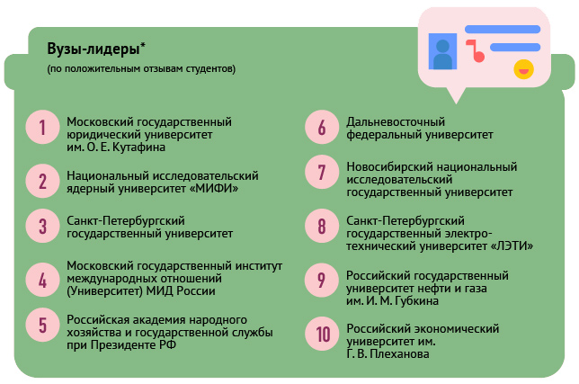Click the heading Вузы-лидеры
pos(96,49)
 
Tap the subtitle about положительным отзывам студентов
pos(141,69)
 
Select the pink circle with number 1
pos(42,127)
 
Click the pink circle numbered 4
pos(42,280)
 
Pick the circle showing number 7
pos(322,172)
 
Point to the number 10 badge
pos(322,334)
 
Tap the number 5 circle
pos(42,325)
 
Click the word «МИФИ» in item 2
pos(217,188)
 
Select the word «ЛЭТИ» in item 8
pos(512,246)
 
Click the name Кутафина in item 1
pos(138,147)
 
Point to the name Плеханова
pos(399,354)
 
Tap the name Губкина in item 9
pos(416,301)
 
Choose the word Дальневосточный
pos(396,121)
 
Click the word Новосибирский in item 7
pos(388,167)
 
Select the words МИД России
pos(181,291)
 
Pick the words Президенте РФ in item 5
pos(133,344)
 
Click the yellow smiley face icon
pos(523,68)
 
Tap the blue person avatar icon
pos(442,51)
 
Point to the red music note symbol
pos(476,51)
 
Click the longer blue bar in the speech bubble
pos(503,29)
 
